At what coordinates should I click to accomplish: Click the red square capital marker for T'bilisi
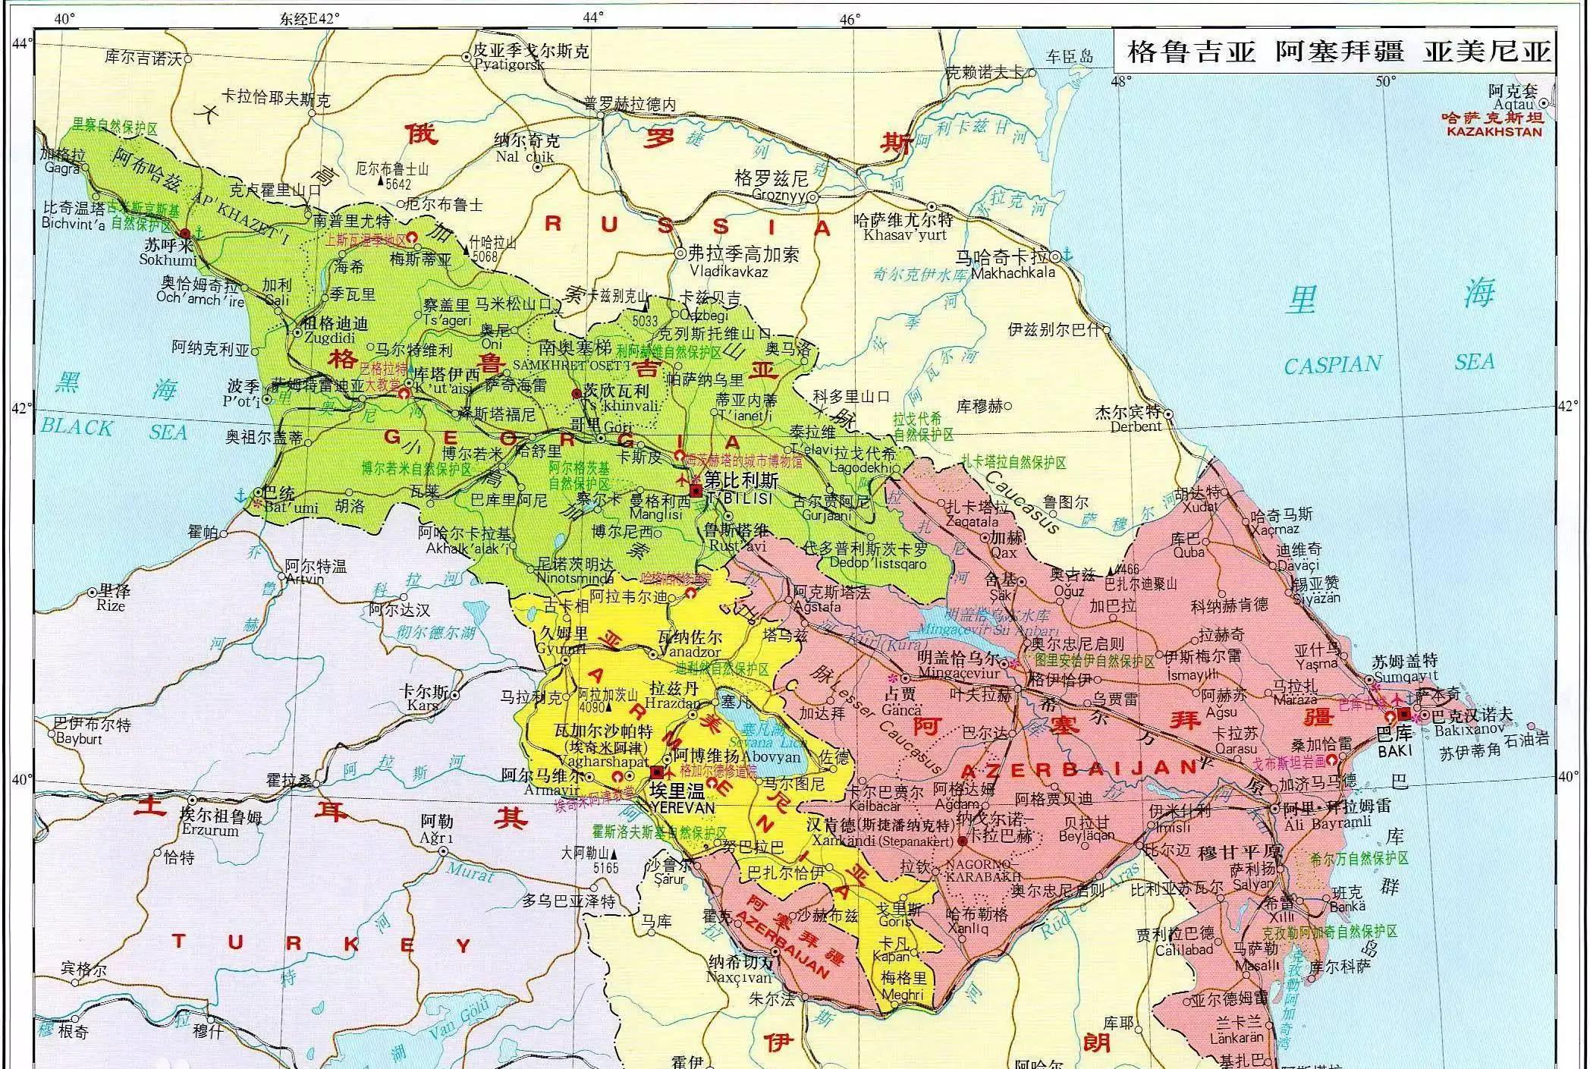tap(696, 491)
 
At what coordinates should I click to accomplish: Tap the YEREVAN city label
tap(682, 807)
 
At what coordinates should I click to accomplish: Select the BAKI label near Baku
tap(1394, 750)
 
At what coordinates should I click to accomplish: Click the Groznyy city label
tap(778, 195)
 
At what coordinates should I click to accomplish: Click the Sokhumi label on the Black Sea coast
tap(168, 259)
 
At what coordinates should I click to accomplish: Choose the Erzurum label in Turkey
tap(210, 831)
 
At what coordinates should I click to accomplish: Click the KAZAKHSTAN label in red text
tap(1494, 131)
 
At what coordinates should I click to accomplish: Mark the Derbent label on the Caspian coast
tap(1136, 426)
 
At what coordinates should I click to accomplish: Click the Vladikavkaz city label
tap(728, 271)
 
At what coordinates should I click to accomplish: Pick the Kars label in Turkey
tap(422, 706)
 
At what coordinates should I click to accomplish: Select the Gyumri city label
tap(561, 649)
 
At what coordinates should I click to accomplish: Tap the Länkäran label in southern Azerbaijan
tap(1236, 1037)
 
